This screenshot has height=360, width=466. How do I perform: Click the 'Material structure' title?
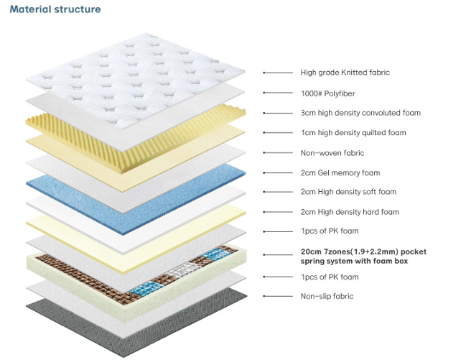55,9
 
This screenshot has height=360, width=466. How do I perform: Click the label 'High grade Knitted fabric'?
345,73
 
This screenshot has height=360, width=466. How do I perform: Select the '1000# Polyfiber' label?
327,93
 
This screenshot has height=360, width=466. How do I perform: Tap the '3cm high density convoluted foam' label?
360,113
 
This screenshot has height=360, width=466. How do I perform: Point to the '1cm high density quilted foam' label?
353,133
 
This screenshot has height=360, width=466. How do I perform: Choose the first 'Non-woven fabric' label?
332,153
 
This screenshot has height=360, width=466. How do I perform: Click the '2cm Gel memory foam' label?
340,172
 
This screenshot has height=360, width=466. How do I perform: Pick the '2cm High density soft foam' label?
348,192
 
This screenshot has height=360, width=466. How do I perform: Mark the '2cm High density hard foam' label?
349,212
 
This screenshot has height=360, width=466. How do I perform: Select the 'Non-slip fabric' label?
327,296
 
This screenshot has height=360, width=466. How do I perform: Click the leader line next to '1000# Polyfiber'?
276,93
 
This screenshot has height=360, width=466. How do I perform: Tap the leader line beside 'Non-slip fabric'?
276,296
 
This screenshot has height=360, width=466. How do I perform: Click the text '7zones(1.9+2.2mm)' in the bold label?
350,252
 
